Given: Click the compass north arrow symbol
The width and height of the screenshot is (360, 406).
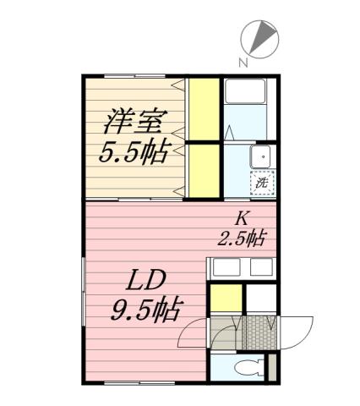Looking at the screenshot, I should [263, 37].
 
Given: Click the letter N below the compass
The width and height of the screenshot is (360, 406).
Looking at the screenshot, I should [243, 62].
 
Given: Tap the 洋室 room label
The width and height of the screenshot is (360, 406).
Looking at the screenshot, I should [132, 119].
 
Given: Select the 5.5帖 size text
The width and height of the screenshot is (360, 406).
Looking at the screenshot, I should [134, 153].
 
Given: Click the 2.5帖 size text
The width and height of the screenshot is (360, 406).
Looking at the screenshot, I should [242, 238].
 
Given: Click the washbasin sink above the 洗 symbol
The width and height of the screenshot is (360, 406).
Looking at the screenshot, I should [262, 156].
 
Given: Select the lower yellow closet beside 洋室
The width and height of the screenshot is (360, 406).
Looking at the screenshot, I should [203, 169].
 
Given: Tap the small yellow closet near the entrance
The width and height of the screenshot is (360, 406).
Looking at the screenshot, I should [223, 299].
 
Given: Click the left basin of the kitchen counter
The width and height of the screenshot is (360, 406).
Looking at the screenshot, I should [224, 268].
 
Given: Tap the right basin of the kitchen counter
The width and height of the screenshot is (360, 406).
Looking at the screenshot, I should [260, 268].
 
